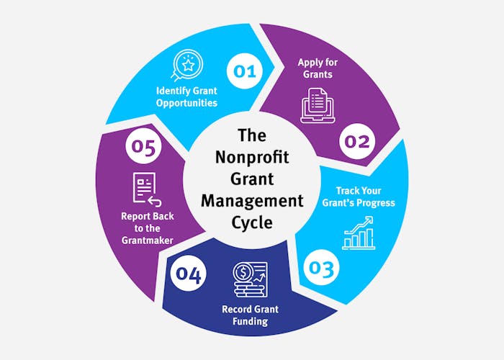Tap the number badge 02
click(356, 141)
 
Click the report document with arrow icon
click(145, 188)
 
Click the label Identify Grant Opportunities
click(187, 96)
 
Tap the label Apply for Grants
click(318, 68)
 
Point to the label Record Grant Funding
click(250, 315)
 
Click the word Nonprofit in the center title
click(252, 156)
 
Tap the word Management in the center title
click(252, 199)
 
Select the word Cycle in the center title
click(252, 222)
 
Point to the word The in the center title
click(252, 135)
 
